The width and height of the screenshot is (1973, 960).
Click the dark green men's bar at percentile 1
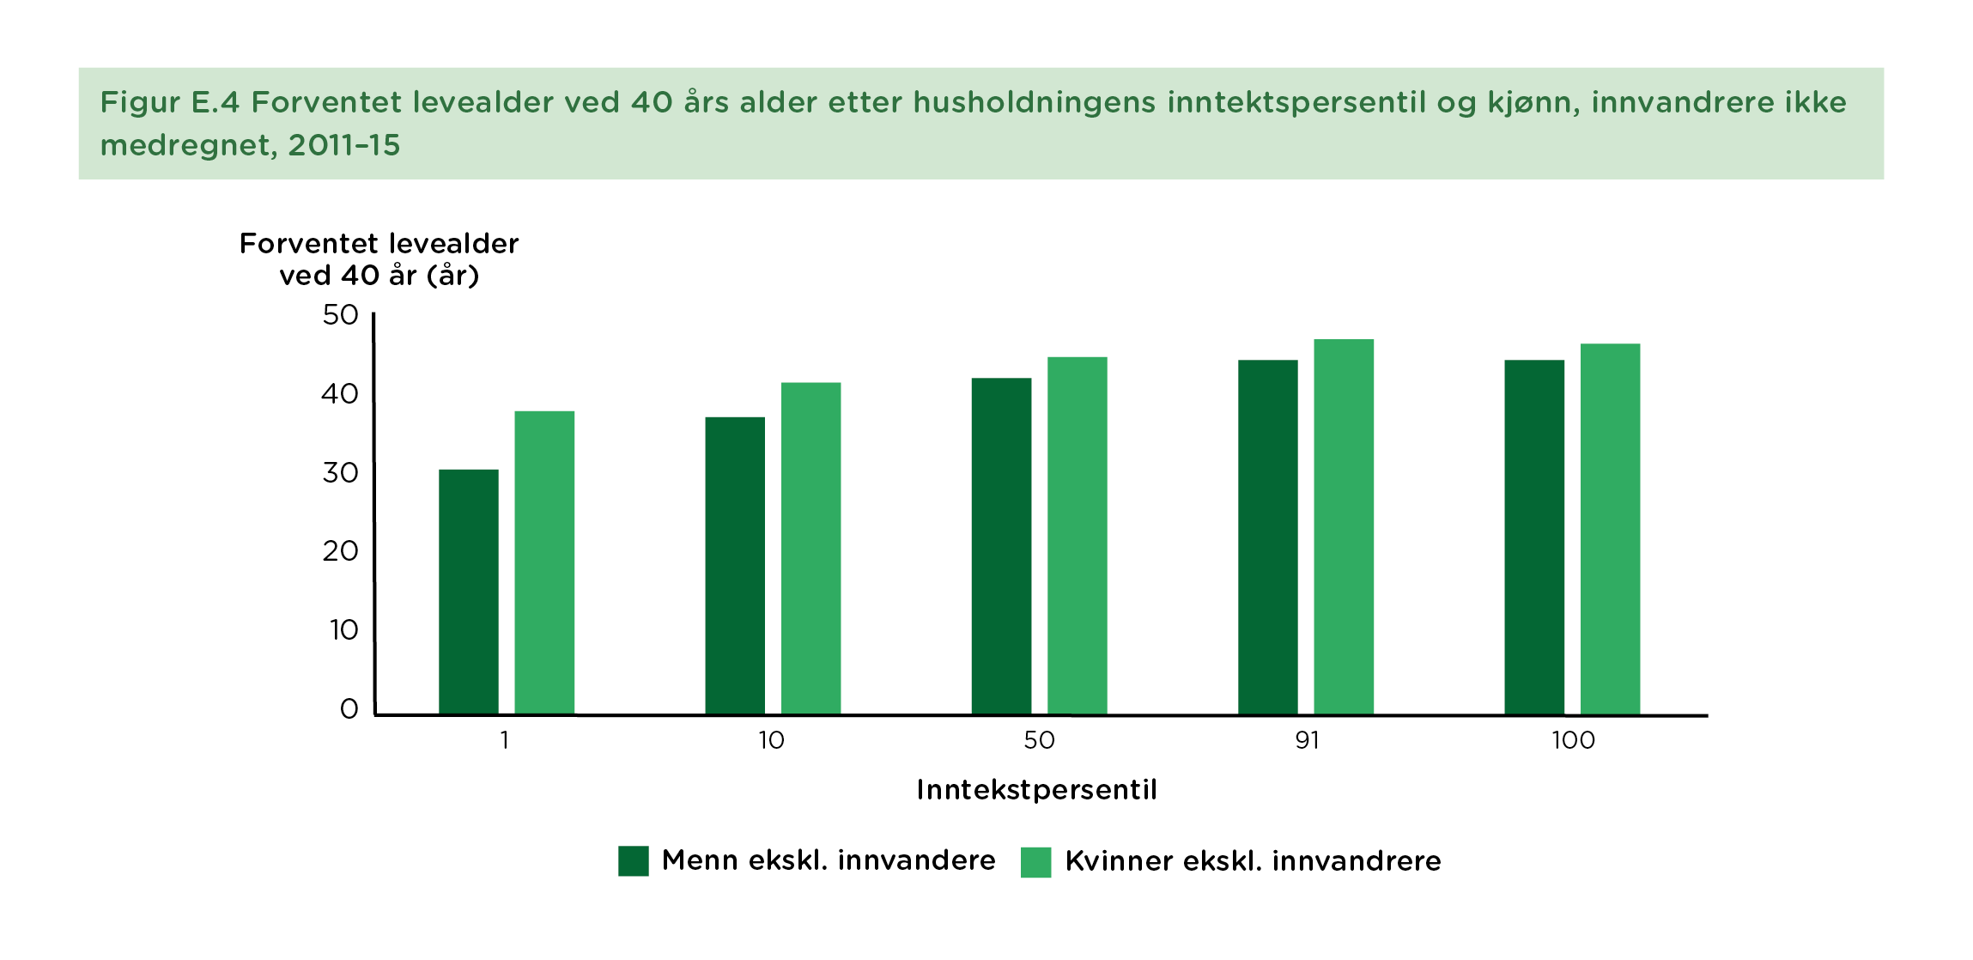point(469,592)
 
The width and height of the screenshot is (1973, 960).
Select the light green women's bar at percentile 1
point(544,562)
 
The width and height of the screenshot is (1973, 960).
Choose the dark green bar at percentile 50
point(1001,546)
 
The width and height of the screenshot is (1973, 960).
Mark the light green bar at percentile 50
point(1077,535)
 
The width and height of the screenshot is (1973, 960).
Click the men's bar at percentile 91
point(1267,537)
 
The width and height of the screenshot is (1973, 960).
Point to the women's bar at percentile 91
point(1344,526)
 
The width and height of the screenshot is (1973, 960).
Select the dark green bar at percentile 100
point(1534,537)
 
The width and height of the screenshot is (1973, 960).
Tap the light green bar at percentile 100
point(1610,529)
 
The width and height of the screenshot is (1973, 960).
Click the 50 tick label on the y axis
point(340,315)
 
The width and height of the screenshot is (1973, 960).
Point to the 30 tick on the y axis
point(340,473)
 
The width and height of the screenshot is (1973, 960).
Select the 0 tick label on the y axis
point(349,709)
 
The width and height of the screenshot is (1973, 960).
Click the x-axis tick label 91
point(1307,740)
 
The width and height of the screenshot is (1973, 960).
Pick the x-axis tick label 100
point(1573,740)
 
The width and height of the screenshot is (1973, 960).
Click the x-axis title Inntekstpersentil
point(1036,790)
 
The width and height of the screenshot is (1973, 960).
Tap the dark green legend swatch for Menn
point(634,861)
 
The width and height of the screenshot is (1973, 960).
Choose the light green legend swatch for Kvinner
point(1035,862)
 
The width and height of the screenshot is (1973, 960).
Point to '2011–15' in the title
point(344,146)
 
